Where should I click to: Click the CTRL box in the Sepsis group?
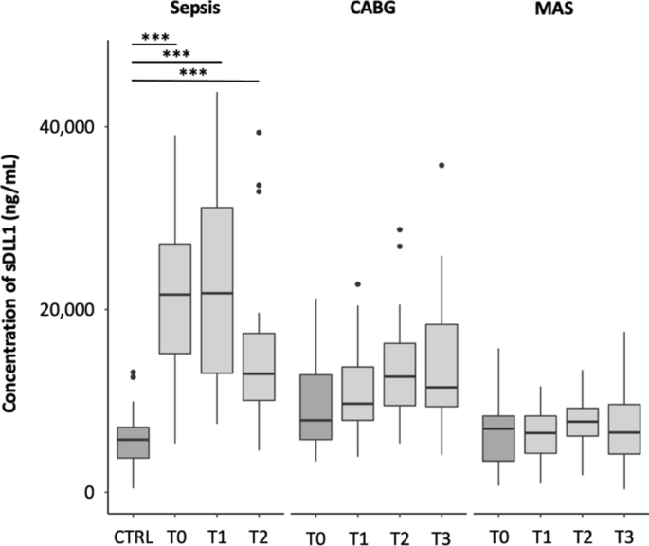tap(133, 443)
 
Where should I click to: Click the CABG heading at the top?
tap(376, 9)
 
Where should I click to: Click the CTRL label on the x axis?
tap(133, 534)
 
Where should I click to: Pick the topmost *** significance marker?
tap(154, 38)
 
